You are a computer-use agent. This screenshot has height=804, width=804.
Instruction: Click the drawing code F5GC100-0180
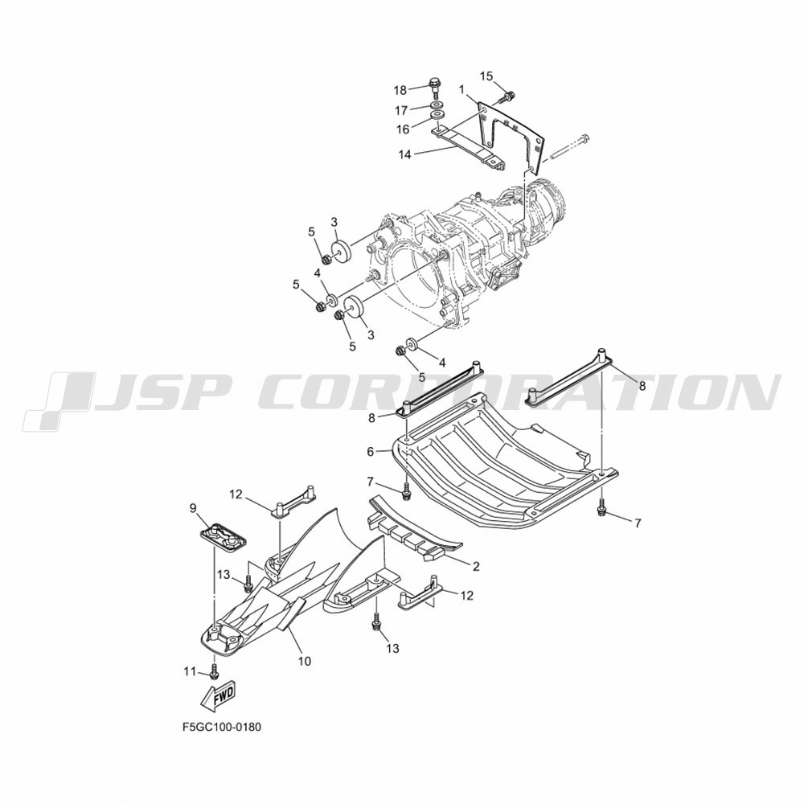(x=222, y=727)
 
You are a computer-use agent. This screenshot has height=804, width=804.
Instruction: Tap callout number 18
(x=400, y=90)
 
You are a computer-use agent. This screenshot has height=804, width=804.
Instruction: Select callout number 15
(x=486, y=76)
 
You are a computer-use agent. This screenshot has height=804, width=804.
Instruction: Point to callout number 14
(x=405, y=154)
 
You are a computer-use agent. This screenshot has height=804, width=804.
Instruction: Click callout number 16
(x=403, y=129)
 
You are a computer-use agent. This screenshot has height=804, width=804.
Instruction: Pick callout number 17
(x=401, y=110)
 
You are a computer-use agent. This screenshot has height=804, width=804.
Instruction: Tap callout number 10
(x=305, y=661)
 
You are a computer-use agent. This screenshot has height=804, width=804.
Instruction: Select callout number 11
(x=191, y=671)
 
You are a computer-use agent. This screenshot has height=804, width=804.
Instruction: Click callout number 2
(x=476, y=566)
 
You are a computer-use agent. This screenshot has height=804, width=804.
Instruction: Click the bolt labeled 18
(x=434, y=88)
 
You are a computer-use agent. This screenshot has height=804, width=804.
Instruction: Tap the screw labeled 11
(x=215, y=669)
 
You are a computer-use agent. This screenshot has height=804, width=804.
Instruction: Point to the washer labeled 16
(x=437, y=116)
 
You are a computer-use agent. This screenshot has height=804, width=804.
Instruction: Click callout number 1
(x=461, y=90)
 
